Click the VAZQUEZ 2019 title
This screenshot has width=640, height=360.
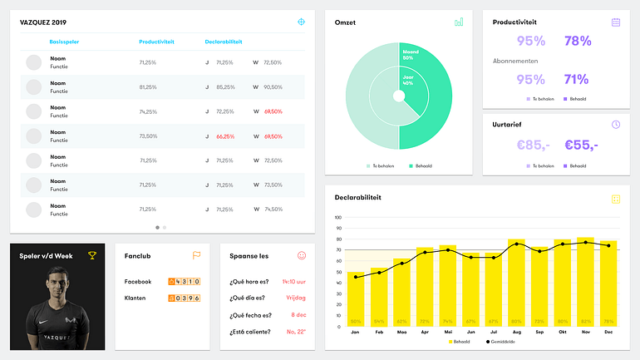pos(43,22)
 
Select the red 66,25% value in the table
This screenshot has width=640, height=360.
pos(225,136)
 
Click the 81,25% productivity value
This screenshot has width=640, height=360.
pos(148,86)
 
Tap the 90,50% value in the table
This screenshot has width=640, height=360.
pos(273,86)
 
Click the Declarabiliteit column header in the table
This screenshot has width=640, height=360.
pos(224,41)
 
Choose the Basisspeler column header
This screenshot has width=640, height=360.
pos(66,41)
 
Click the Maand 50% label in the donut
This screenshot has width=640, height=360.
pos(408,55)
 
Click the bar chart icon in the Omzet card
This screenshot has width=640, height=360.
pos(459,22)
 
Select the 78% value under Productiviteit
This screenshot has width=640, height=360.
pos(577,41)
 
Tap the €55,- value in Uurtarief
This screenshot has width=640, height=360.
pos(581,145)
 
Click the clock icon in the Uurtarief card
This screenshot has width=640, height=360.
pos(616,124)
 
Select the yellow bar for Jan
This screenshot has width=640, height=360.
pos(356,299)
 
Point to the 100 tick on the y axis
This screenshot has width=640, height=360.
pos(338,218)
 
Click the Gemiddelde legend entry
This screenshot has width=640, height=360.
pos(498,342)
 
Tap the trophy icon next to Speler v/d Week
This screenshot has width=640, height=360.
pos(91,255)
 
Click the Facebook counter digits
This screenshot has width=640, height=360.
pos(184,282)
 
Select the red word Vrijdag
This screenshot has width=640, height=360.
pos(295,298)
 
